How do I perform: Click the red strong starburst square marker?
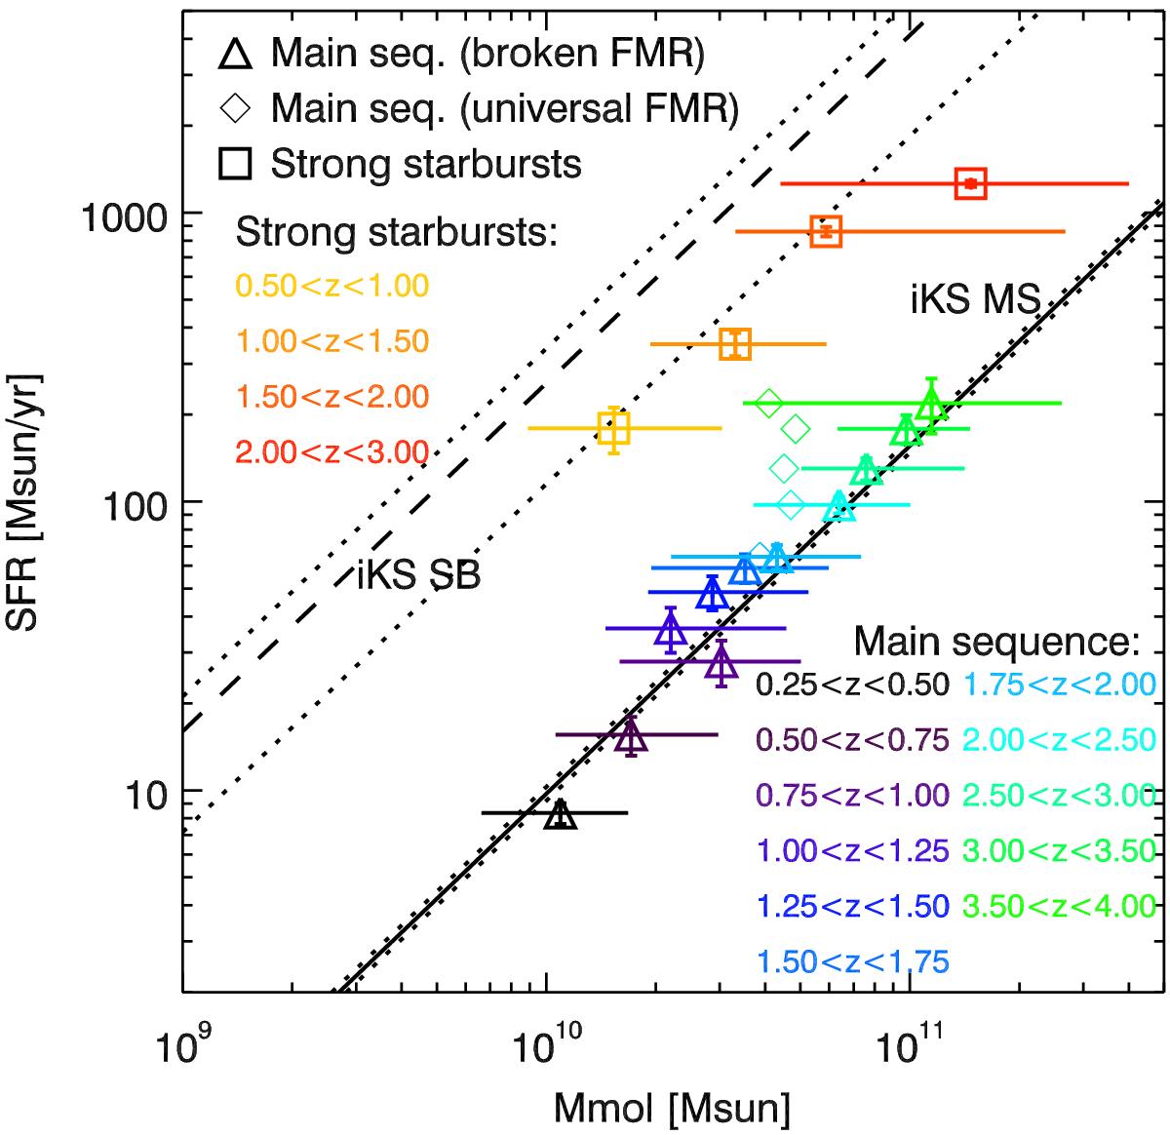pyautogui.click(x=971, y=183)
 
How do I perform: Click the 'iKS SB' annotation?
pyautogui.click(x=418, y=574)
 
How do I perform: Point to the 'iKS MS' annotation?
pyautogui.click(x=975, y=300)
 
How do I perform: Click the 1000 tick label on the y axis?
pyautogui.click(x=120, y=214)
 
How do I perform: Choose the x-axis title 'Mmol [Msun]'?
pyautogui.click(x=672, y=1108)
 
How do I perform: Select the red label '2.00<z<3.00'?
pyautogui.click(x=332, y=452)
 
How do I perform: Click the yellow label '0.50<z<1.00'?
pyautogui.click(x=332, y=286)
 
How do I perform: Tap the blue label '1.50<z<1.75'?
pyautogui.click(x=853, y=961)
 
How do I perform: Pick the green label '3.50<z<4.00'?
pyautogui.click(x=1059, y=906)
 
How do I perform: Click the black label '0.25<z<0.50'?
pyautogui.click(x=853, y=685)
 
